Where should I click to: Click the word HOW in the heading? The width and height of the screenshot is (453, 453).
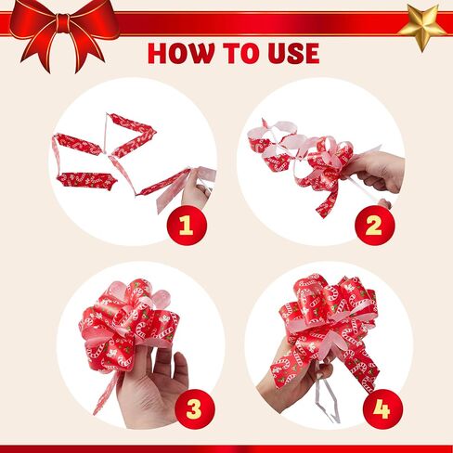point(181,53)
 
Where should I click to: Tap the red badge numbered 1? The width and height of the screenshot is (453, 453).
point(187,226)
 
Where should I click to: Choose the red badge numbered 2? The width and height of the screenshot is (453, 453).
point(375,226)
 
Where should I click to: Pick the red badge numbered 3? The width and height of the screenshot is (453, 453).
point(195,409)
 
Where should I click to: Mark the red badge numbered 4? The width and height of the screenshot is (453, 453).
point(382,409)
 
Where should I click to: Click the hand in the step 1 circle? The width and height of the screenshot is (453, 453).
point(197,188)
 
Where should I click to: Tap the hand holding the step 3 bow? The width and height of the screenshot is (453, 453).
point(151,387)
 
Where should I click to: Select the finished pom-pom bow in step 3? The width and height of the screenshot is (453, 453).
point(128,322)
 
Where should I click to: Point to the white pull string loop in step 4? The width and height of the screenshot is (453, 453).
point(328,399)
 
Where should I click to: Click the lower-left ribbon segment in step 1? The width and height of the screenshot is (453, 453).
point(85,180)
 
